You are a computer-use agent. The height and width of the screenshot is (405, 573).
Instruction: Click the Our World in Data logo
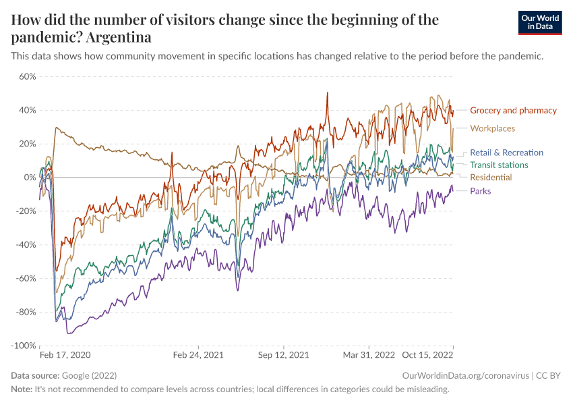540,22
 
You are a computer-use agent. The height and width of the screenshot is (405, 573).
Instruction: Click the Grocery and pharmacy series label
513,110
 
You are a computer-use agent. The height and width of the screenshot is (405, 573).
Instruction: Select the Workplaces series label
492,128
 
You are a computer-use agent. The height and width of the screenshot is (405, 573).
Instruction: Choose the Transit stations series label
499,165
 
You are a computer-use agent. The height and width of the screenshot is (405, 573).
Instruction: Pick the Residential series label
490,177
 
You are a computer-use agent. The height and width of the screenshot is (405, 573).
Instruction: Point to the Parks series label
480,190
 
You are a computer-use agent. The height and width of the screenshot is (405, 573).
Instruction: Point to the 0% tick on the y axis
30,178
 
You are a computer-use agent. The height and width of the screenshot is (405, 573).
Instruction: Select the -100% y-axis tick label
23,346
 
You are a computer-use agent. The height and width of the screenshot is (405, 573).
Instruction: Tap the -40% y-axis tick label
25,244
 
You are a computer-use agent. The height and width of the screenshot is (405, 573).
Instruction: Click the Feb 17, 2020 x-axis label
65,354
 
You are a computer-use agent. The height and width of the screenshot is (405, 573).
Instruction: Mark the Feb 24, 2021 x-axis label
198,354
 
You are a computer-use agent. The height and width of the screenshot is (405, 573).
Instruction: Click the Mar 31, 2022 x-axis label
369,354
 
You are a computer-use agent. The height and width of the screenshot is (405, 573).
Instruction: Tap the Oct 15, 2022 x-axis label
428,354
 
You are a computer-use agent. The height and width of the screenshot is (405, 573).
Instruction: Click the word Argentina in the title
117,36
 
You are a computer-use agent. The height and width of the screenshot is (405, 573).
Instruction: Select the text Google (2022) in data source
88,376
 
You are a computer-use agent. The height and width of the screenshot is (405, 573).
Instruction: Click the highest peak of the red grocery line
327,92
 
